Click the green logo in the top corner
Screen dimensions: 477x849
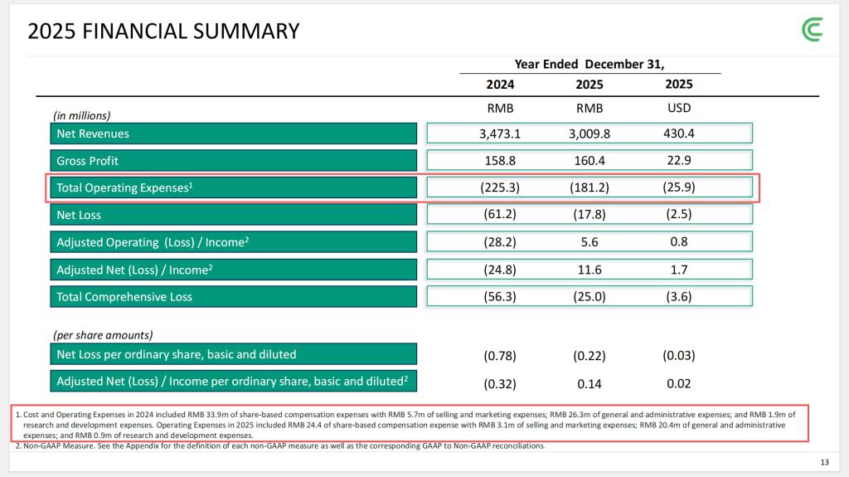[x=813, y=30]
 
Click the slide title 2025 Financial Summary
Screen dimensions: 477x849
[x=163, y=32]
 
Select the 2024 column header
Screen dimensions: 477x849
[x=500, y=85]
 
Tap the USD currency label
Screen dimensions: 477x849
[x=678, y=108]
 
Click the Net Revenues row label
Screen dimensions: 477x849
[x=93, y=134]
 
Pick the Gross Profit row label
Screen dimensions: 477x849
[x=87, y=160]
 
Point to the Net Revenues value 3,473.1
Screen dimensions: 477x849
[x=500, y=134]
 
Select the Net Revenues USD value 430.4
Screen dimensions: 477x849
[x=679, y=134]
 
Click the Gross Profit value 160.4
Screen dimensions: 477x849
[x=589, y=160]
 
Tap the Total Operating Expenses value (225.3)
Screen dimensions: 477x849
[x=500, y=187]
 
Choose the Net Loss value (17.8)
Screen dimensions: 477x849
[x=589, y=215]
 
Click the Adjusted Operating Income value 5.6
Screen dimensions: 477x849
[x=589, y=242]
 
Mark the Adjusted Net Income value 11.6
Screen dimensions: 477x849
[x=589, y=270]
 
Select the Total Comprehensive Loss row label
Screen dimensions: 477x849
[x=124, y=296]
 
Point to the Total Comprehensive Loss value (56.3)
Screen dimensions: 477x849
[x=500, y=296]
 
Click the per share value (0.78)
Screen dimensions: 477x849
[x=500, y=356]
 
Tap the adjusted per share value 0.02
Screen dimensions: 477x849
[x=679, y=384]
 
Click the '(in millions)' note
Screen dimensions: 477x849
[x=81, y=115]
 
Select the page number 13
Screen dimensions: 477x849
[x=824, y=462]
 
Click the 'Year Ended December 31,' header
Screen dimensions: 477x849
[x=589, y=64]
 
